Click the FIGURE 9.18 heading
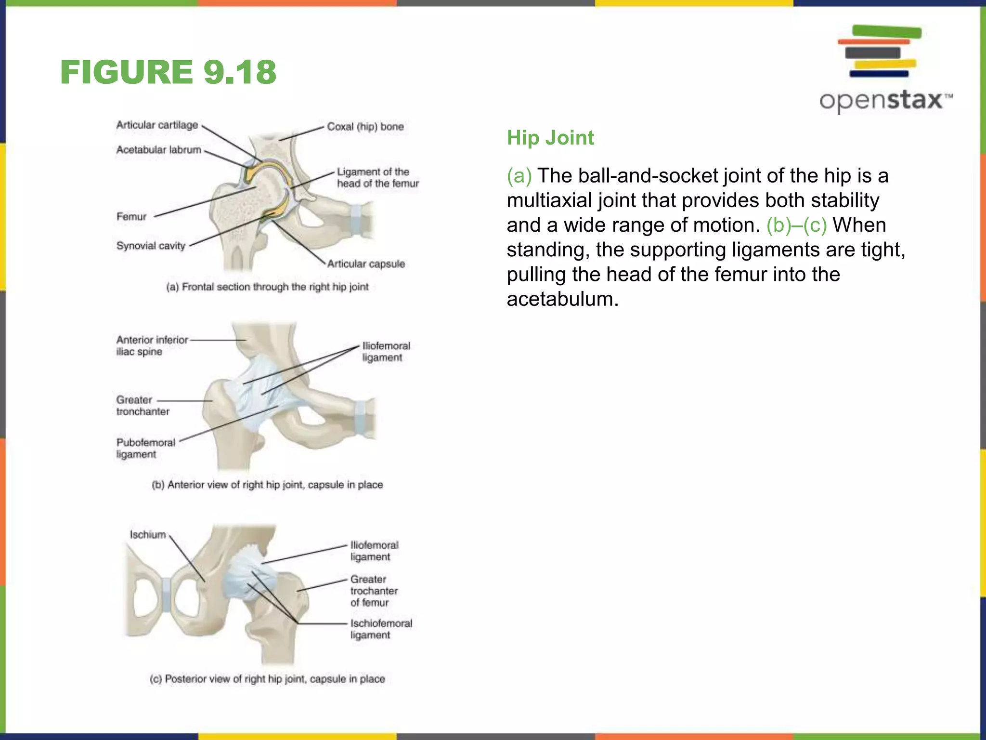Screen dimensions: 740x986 [169, 72]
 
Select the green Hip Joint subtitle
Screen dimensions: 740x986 [550, 138]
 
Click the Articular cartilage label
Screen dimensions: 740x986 [157, 125]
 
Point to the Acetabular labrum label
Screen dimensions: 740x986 [158, 150]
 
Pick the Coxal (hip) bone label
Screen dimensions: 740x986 [365, 127]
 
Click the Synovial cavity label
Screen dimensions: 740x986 [151, 246]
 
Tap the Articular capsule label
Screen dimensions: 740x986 [366, 264]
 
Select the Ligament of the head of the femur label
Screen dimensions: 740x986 [377, 178]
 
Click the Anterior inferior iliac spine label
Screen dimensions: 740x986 [152, 345]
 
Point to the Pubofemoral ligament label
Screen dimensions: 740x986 [145, 448]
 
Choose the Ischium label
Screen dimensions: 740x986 [148, 534]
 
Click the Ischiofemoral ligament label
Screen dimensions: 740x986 [381, 629]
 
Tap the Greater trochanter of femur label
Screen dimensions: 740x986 [374, 591]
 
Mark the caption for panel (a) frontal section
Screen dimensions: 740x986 [267, 287]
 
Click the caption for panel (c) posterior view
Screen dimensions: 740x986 [267, 679]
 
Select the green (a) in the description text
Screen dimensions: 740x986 [519, 176]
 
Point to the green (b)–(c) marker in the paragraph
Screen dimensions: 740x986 [796, 225]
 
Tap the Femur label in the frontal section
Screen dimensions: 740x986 [131, 217]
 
